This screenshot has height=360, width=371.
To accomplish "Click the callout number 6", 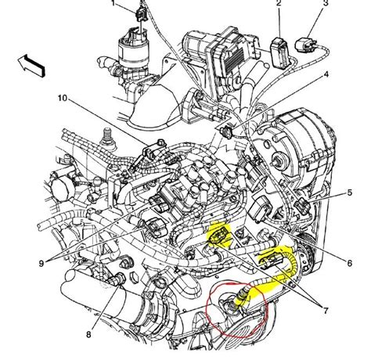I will coord(348,261).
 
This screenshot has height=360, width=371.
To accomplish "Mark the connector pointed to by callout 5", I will coord(305,205).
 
